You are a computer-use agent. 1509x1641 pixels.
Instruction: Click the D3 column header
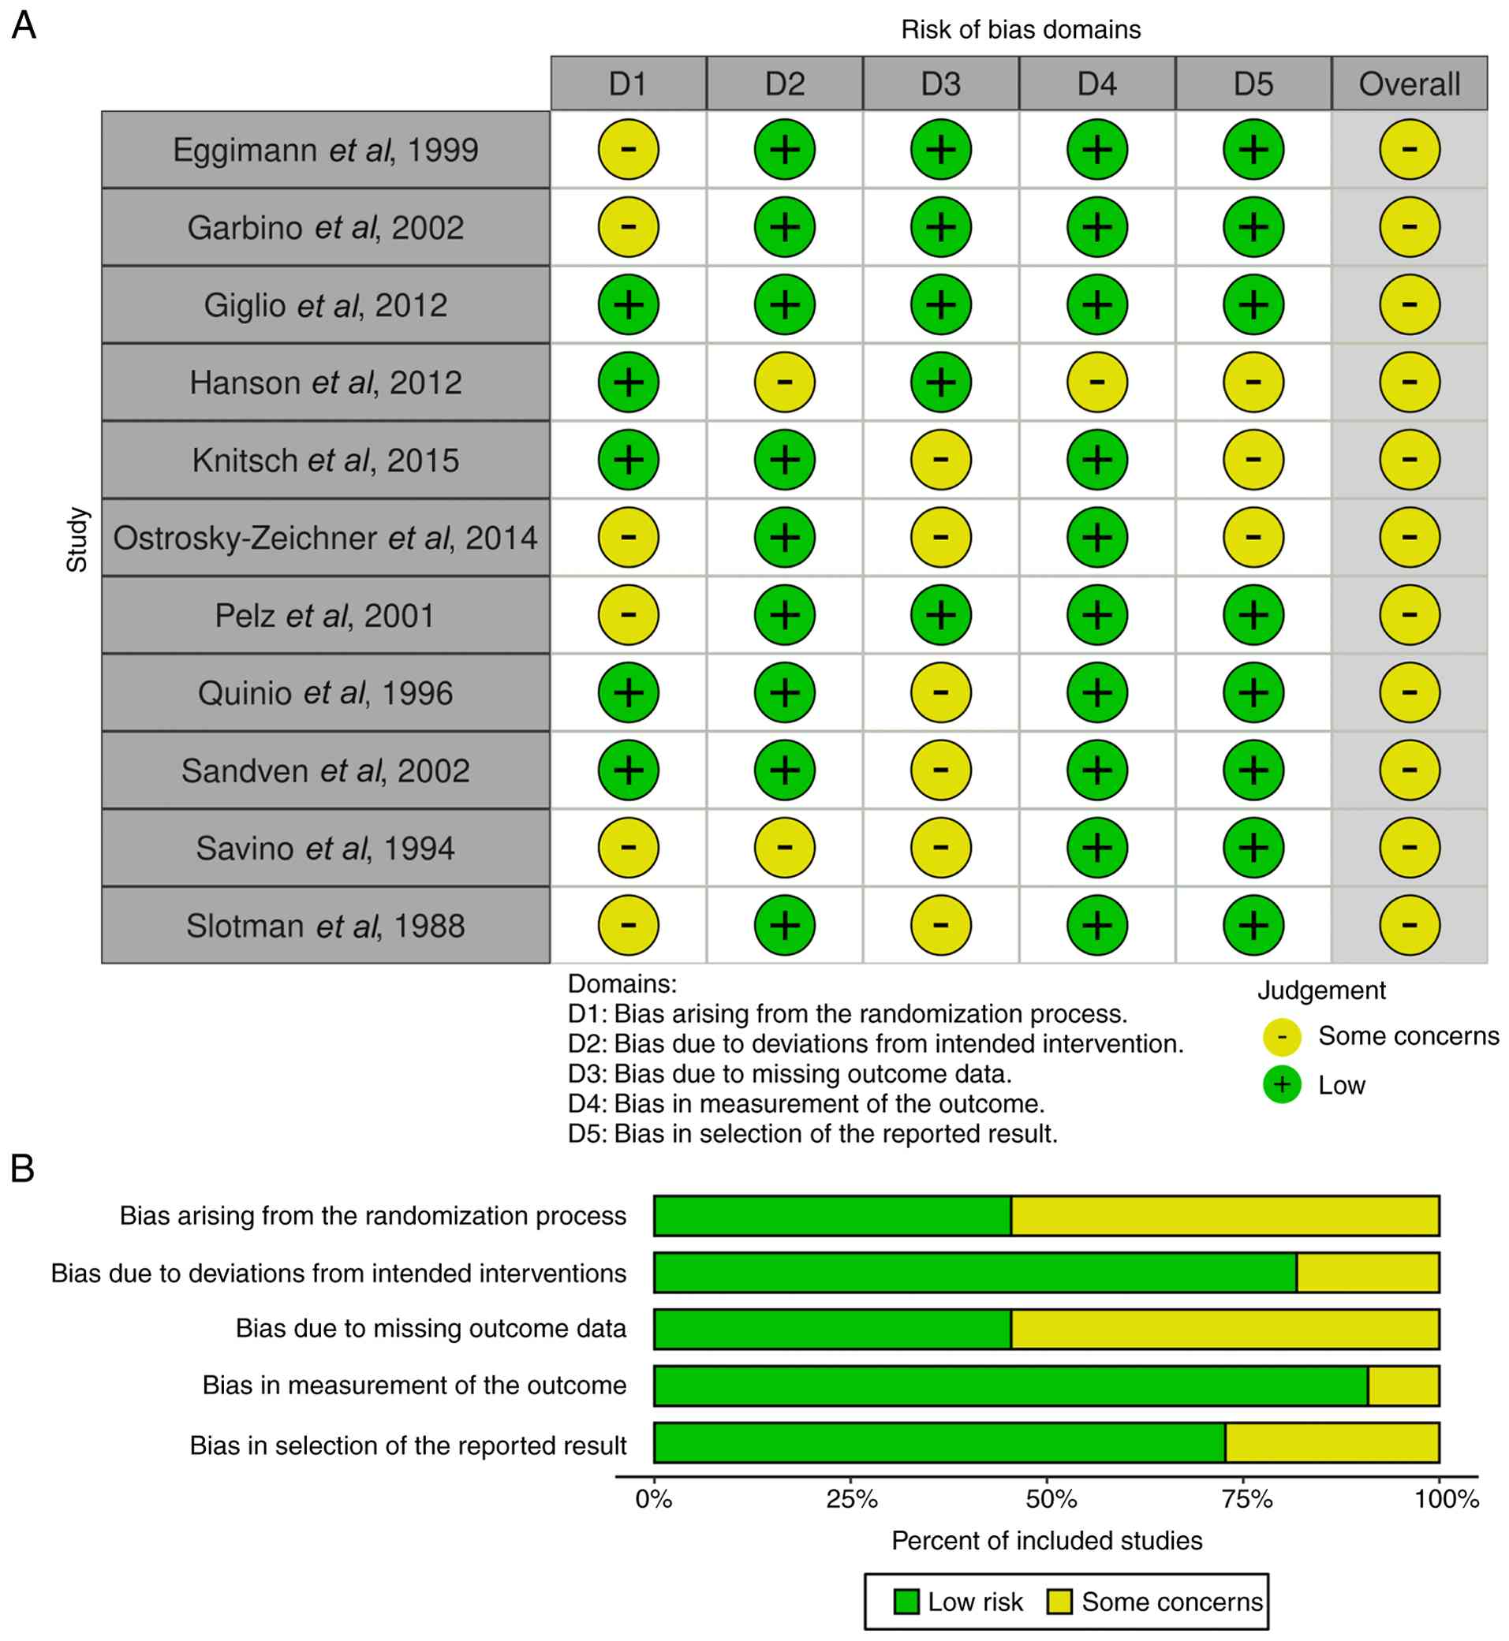(941, 84)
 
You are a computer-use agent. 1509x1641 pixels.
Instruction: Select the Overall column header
(1410, 84)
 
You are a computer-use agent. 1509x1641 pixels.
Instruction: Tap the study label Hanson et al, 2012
(326, 382)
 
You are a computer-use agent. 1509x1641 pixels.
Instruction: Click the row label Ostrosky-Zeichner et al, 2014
(326, 537)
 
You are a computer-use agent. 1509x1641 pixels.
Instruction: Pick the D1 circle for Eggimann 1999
(628, 149)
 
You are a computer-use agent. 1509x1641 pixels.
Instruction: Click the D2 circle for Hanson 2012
(785, 382)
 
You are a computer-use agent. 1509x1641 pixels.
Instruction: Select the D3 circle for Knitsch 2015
(941, 460)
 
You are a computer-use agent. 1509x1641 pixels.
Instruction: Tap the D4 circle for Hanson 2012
(1097, 382)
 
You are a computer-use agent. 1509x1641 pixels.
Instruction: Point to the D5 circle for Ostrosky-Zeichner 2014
(1253, 537)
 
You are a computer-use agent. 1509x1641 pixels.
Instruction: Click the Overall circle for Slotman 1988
(1410, 925)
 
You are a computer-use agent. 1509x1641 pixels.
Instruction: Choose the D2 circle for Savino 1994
(785, 848)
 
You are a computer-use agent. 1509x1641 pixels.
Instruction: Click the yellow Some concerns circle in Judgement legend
(1282, 1037)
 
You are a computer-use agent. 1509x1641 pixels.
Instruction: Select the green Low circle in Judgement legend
(1282, 1085)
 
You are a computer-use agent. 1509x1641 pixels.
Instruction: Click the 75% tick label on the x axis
(1247, 1499)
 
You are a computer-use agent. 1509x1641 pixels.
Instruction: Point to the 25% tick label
(852, 1499)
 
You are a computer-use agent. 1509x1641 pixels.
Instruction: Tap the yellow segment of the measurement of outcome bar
(1403, 1386)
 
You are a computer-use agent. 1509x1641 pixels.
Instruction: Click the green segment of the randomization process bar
(832, 1216)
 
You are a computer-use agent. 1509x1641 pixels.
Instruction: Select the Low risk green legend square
(906, 1601)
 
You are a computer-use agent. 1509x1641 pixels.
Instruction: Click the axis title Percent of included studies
(1047, 1541)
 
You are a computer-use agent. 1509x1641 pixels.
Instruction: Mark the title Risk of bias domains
(1021, 29)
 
